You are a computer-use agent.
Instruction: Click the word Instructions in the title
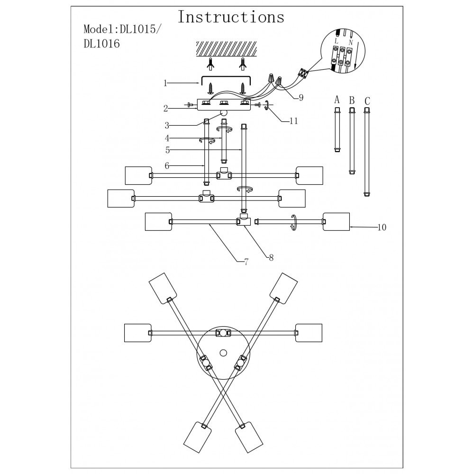tap(231, 17)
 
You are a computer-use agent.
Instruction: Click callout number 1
tap(165, 83)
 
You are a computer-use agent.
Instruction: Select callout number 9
tap(301, 98)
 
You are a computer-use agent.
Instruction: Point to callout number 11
tap(293, 121)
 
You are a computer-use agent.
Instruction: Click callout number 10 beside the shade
tap(382, 228)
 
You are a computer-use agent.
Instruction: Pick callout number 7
tap(246, 261)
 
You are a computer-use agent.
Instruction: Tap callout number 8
tap(271, 258)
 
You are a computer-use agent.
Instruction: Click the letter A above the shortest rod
tap(337, 100)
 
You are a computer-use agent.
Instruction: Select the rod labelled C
tap(367, 152)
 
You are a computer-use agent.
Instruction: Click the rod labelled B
tap(352, 141)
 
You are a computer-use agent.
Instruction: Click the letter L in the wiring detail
tap(337, 42)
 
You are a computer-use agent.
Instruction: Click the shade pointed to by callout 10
tap(336, 222)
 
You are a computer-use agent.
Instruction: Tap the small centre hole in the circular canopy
tap(223, 352)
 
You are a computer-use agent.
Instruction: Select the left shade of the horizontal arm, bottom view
tap(137, 333)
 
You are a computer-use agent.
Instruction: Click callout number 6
tap(167, 165)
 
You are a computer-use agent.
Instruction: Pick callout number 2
tap(166, 109)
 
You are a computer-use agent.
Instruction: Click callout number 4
tap(167, 138)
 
